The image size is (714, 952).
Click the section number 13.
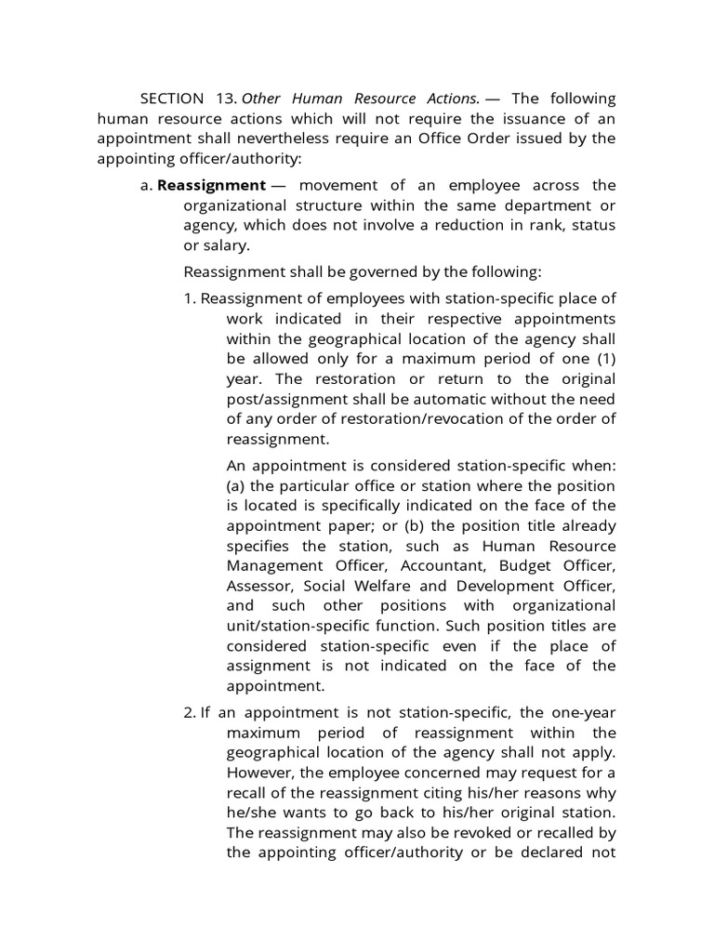pos(225,99)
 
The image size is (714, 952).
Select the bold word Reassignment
pos(211,185)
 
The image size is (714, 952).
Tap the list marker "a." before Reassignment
pos(147,185)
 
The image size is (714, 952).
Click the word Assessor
pos(258,586)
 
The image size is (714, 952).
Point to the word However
pos(259,773)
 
